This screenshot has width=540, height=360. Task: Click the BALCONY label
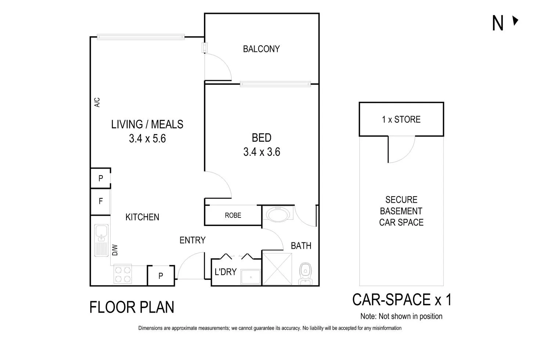261,49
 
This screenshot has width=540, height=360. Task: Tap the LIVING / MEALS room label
147,125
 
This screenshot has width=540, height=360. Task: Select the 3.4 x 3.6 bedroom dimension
262,152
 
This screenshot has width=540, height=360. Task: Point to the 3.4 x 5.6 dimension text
147,138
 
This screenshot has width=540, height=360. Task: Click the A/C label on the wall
97,102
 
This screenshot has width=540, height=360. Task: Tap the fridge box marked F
100,201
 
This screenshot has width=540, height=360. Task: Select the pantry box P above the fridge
100,179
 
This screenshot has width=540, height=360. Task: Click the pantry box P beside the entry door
161,276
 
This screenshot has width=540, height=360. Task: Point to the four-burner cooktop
123,274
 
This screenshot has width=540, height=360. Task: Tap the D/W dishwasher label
115,250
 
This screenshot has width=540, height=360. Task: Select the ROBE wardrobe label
233,215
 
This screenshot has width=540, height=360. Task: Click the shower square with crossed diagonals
277,268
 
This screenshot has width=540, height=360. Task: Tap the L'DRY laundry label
225,272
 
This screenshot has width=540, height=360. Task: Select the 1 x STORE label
401,119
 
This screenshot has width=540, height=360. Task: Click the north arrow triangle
515,21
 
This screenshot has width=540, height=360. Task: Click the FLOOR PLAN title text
132,307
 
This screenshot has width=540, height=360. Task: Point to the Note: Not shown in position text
401,316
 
